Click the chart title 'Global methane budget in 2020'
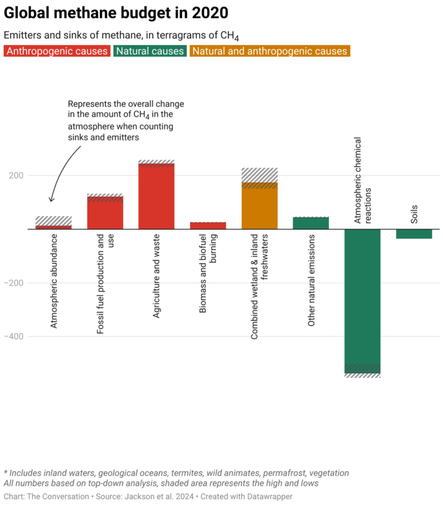116,12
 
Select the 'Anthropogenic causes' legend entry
57,51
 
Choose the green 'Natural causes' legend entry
150,51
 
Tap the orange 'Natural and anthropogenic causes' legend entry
270,51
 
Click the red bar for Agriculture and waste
157,198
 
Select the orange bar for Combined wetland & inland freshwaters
259,207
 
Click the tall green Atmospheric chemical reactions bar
362,295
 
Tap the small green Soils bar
413,234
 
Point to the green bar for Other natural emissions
311,223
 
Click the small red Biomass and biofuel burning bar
208,226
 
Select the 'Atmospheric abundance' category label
54,281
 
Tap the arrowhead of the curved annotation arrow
51,200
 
